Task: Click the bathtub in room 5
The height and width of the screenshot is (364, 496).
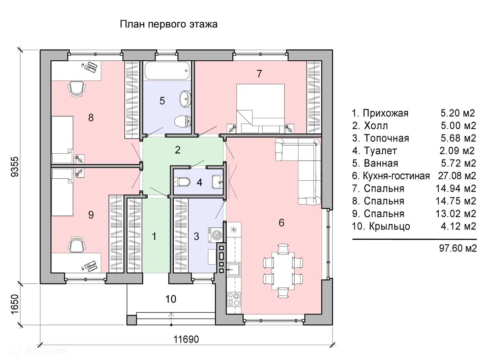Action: click(x=167, y=70)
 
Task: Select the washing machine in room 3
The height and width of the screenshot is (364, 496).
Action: click(x=214, y=235)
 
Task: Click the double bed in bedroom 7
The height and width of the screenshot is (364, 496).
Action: click(x=260, y=108)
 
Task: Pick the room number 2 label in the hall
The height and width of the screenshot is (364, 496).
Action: click(x=178, y=150)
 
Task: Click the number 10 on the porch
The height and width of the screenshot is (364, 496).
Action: click(x=171, y=299)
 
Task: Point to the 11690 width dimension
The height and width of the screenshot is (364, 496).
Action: click(x=186, y=339)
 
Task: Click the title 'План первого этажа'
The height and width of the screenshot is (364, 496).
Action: click(x=169, y=24)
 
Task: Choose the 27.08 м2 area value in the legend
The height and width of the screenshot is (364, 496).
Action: click(x=457, y=176)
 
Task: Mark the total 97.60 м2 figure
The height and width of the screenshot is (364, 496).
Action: click(x=458, y=248)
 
